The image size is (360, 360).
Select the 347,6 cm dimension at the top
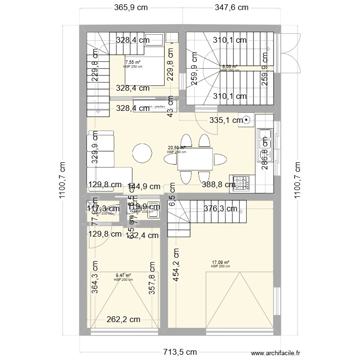tap(231, 7)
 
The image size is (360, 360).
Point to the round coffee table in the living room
tap(142, 154)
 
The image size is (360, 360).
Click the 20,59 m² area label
tap(176, 148)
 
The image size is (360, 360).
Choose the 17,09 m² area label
tap(220, 263)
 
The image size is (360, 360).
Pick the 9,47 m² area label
tap(123, 276)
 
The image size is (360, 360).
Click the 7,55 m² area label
tap(133, 62)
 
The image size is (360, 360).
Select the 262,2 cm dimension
tap(123, 319)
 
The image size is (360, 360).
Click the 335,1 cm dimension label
tap(226, 120)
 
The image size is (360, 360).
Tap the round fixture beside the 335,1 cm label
tap(247, 120)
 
